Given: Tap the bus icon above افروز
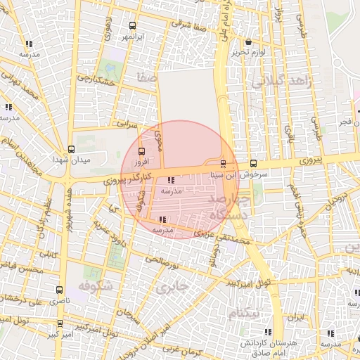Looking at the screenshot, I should point(143,151).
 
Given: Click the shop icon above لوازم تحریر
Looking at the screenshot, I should point(248,41).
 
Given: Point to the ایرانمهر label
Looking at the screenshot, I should point(129,35).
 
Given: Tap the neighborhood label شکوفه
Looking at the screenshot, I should point(95,286).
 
